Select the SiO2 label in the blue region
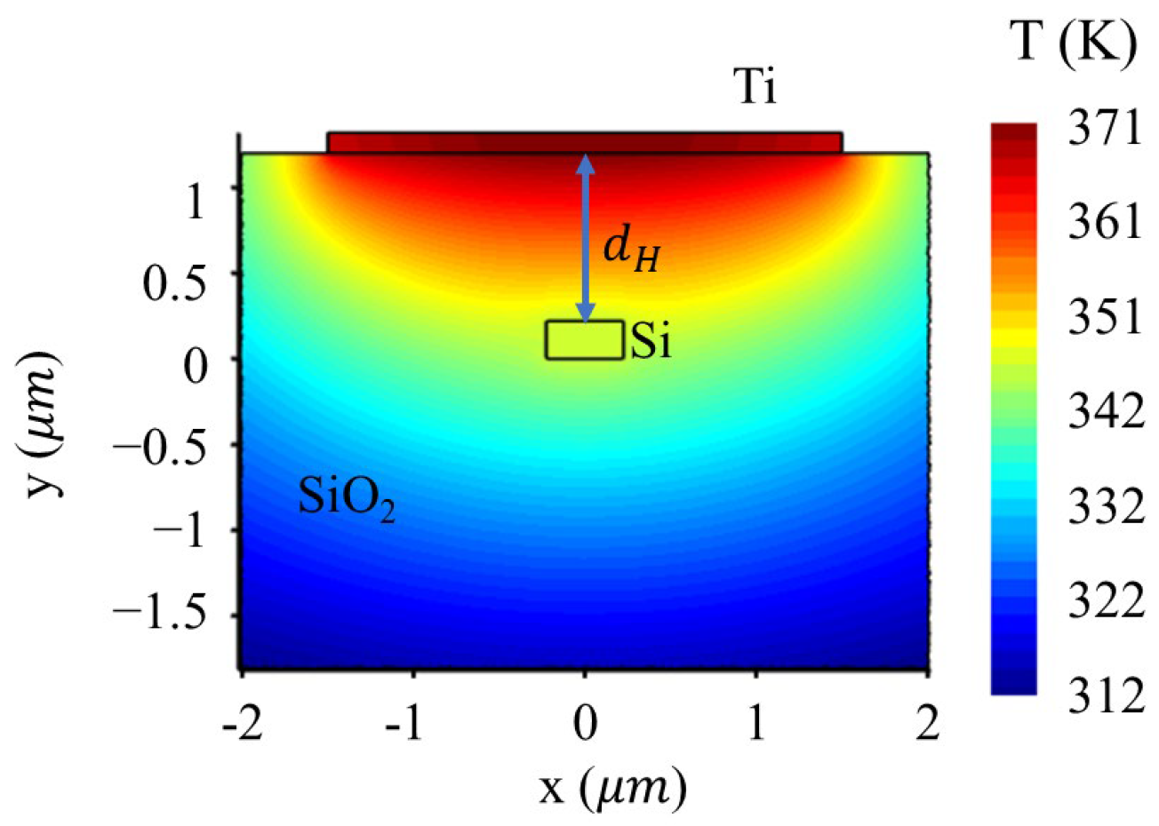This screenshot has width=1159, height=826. point(346,499)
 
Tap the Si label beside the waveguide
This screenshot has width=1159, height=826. point(651,342)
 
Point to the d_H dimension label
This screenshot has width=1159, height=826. point(632,249)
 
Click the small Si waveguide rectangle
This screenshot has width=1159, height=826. point(584,340)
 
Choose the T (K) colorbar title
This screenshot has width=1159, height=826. point(1074,41)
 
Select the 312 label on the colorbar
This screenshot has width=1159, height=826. point(1104,696)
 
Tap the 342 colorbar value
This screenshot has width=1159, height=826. point(1104,413)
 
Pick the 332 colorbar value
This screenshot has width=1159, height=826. point(1104,508)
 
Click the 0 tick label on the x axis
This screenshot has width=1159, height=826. point(585,725)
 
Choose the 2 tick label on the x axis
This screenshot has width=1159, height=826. point(928,725)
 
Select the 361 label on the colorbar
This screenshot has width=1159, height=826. point(1104,222)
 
